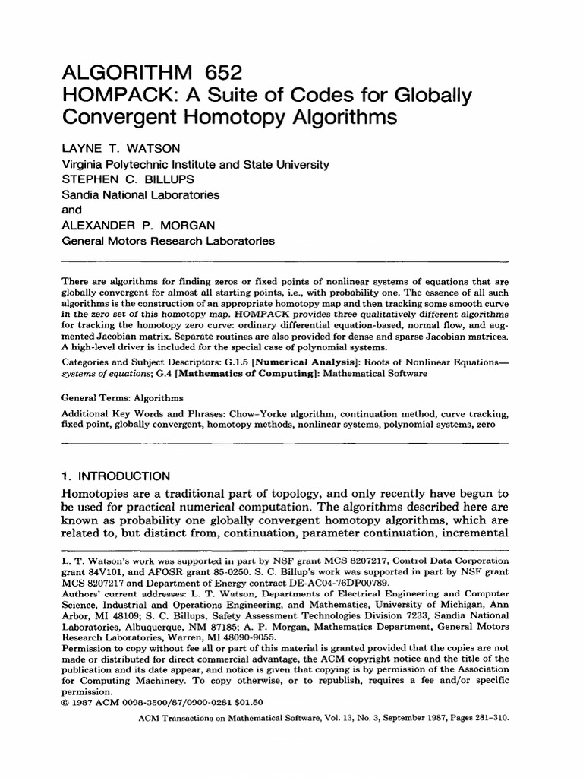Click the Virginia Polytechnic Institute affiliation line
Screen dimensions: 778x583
coord(195,164)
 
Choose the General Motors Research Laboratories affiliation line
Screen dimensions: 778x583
coord(168,241)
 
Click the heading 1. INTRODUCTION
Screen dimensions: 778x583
coord(115,476)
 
